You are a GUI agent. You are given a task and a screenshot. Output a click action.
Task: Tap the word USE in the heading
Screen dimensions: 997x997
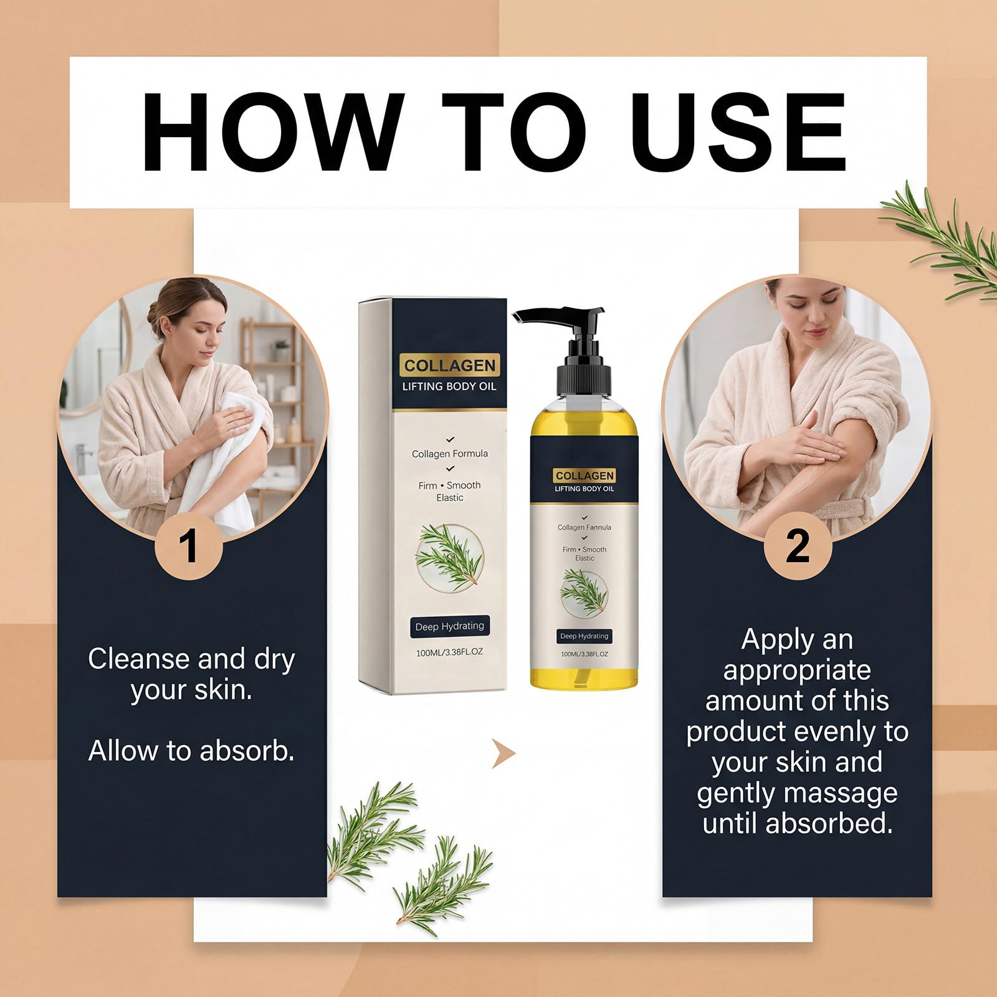pyautogui.click(x=741, y=131)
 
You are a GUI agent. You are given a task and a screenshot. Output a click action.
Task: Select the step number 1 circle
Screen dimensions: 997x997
pyautogui.click(x=188, y=546)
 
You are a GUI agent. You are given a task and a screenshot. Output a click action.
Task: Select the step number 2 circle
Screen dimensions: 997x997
pyautogui.click(x=798, y=546)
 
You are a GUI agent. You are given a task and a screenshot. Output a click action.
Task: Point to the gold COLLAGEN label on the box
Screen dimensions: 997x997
pyautogui.click(x=449, y=365)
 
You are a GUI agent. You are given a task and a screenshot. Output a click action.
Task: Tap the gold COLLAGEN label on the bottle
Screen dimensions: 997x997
pyautogui.click(x=584, y=475)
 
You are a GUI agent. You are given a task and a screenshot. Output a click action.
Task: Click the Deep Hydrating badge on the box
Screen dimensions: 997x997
pyautogui.click(x=449, y=626)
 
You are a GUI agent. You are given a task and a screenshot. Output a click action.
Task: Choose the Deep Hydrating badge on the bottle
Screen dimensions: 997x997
pyautogui.click(x=584, y=636)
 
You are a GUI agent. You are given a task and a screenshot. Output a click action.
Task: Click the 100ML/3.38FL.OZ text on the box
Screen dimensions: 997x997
pyautogui.click(x=449, y=652)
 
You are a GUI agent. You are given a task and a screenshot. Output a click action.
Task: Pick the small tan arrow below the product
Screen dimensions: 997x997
pyautogui.click(x=503, y=754)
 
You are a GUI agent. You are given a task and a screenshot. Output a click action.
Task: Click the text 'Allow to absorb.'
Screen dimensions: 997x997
pyautogui.click(x=191, y=750)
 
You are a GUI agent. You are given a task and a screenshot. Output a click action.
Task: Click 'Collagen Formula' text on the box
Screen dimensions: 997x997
pyautogui.click(x=450, y=454)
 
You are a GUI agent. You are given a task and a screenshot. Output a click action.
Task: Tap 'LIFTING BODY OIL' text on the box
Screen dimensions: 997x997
pyautogui.click(x=449, y=386)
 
